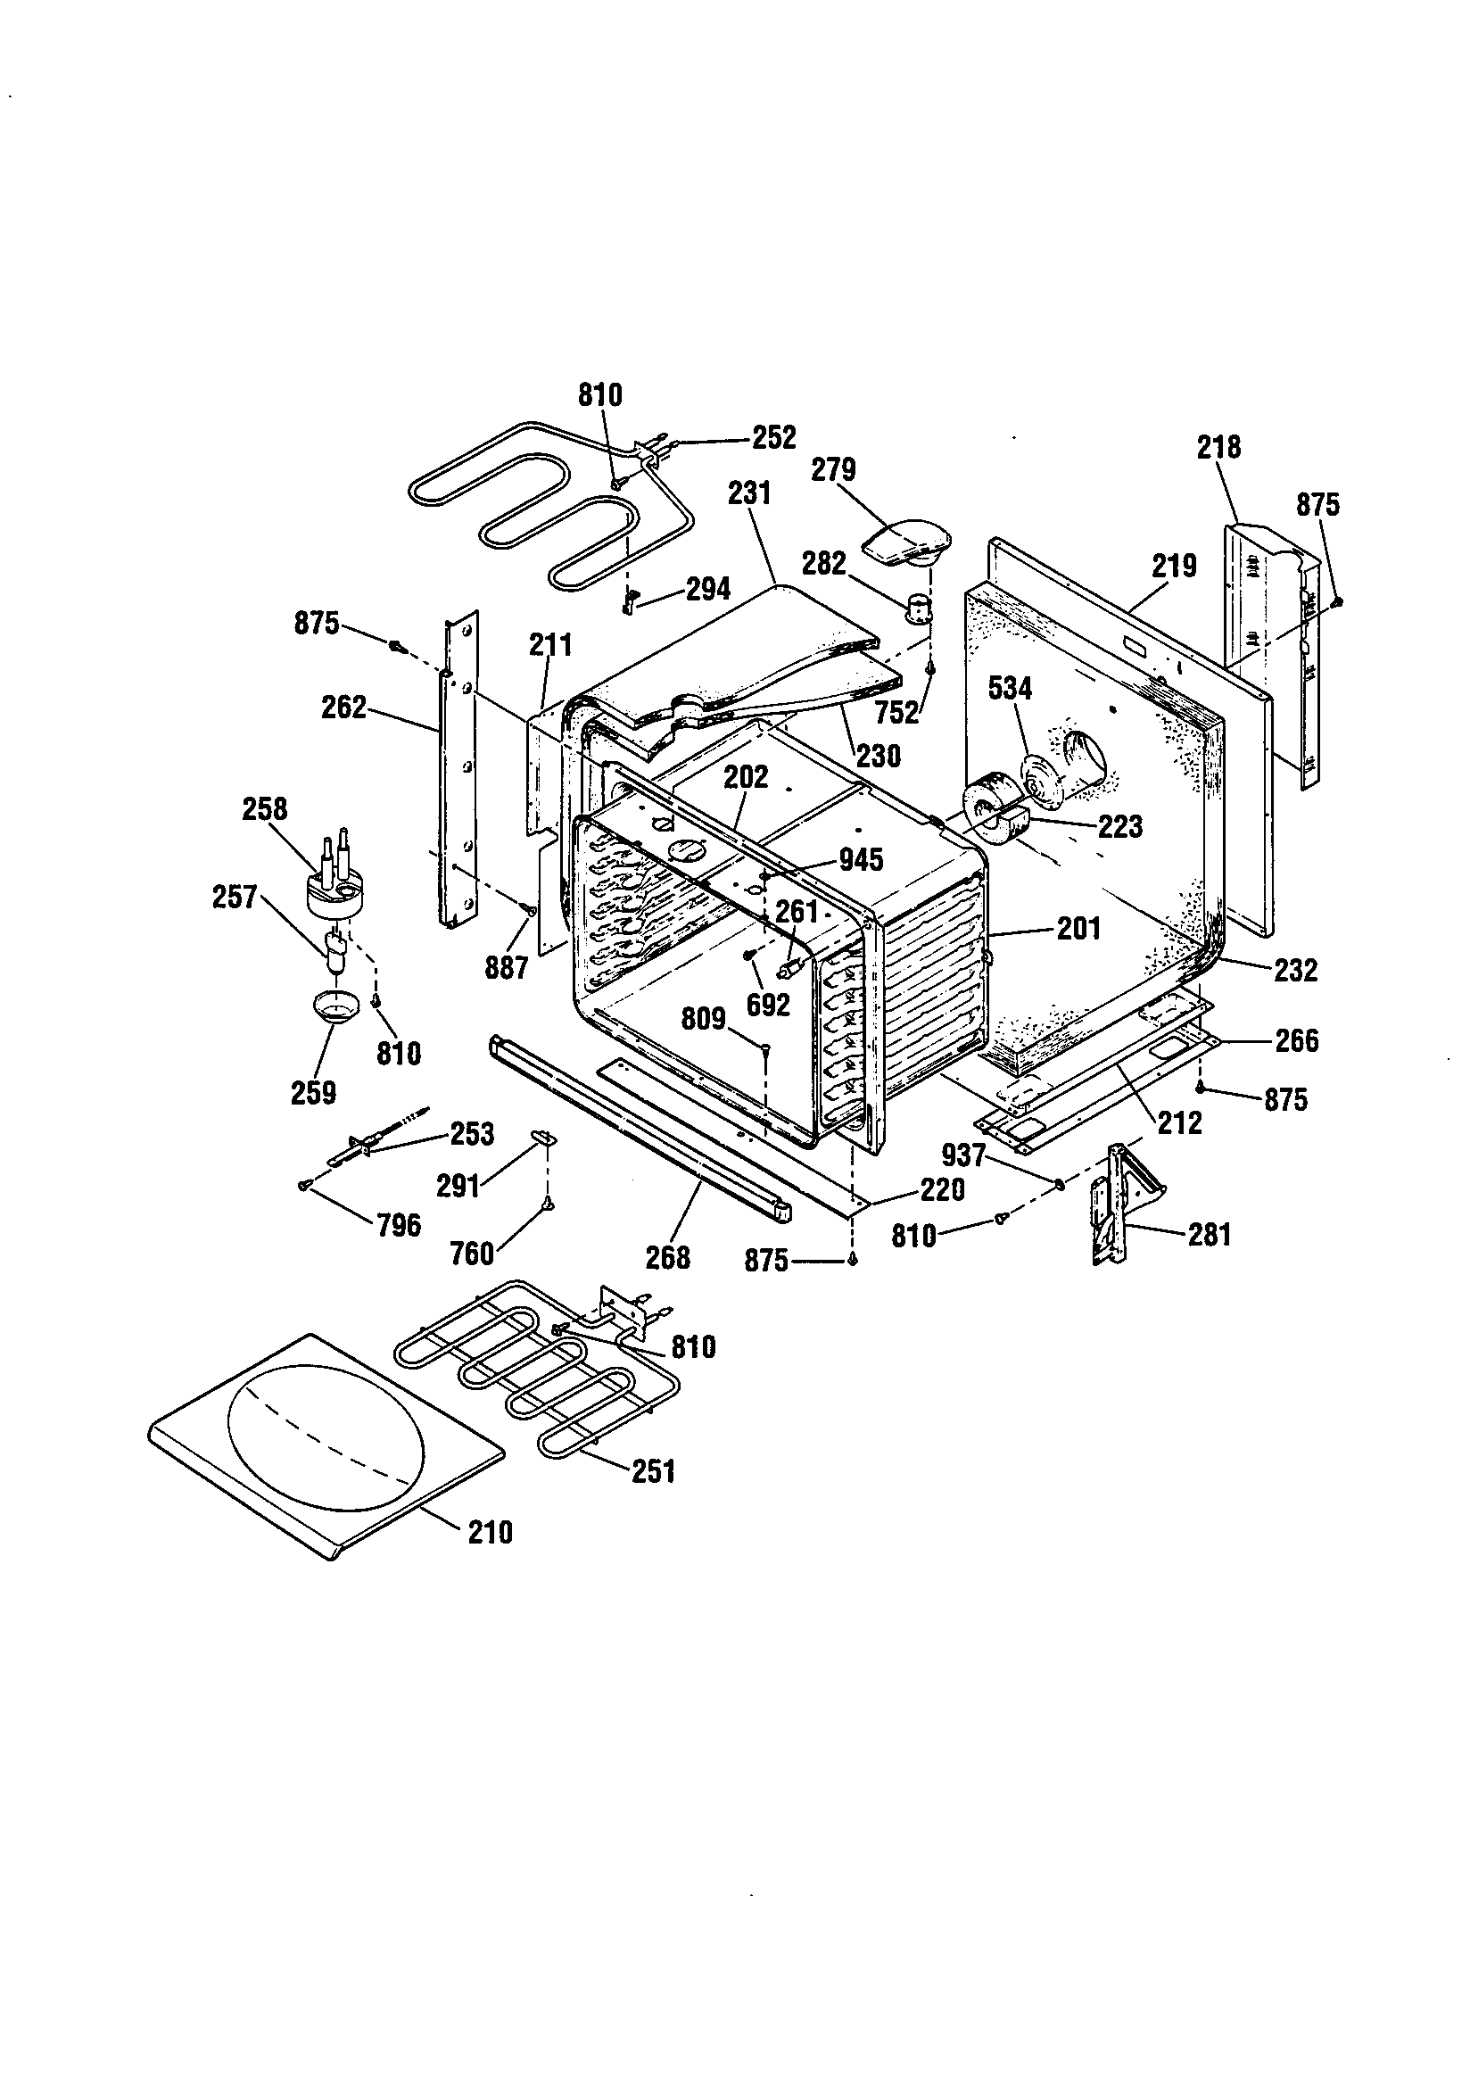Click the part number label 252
773,437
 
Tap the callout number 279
833,469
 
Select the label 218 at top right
1218,447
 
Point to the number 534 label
1010,689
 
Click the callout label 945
861,859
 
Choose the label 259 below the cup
313,1092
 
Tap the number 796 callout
399,1226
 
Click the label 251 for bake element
653,1471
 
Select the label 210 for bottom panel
490,1533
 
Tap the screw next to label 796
305,1185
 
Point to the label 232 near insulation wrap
1294,971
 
